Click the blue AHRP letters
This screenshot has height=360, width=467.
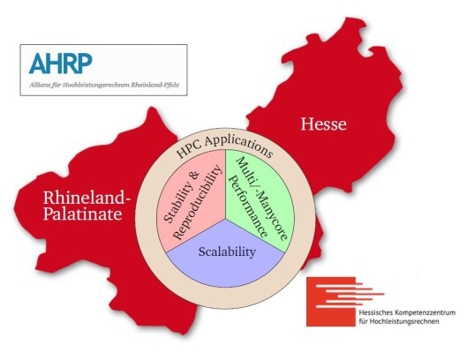[x=60, y=64]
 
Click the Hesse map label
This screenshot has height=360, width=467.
[x=324, y=124]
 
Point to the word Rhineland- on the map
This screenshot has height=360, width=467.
[x=87, y=198]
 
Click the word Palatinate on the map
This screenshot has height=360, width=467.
[x=83, y=214]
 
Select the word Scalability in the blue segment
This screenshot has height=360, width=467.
[x=227, y=251]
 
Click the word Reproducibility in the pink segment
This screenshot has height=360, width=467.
[x=197, y=202]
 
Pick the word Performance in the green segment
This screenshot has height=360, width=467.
[x=250, y=206]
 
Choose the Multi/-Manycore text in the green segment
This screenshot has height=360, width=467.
[x=262, y=199]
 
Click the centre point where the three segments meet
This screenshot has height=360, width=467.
[x=225, y=219]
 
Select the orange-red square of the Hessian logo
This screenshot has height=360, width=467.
[x=331, y=302]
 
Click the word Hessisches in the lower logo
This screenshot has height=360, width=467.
[x=375, y=313]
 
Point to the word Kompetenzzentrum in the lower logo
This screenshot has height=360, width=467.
[x=425, y=313]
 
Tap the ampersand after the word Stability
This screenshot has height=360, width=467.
[x=195, y=176]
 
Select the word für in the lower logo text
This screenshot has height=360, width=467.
[x=363, y=321]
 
